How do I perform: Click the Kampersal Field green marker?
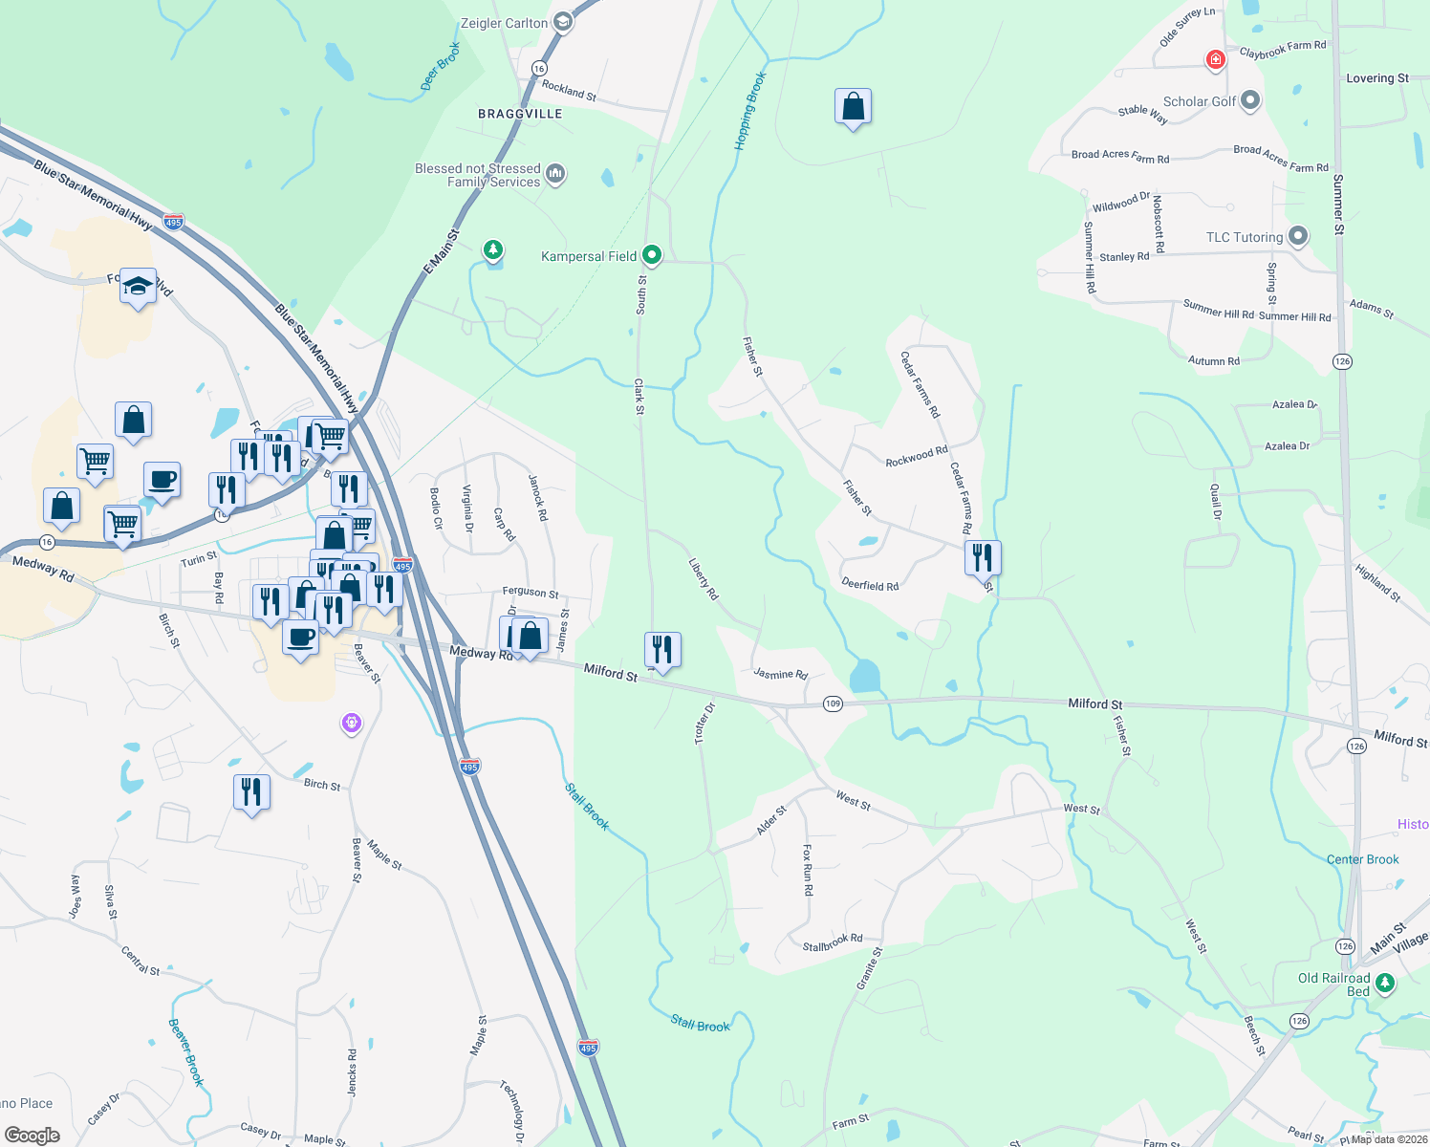652,255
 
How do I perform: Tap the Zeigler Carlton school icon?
563,23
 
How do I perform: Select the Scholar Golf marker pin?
1250,101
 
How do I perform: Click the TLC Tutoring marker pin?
1297,236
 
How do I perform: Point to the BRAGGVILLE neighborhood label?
520,114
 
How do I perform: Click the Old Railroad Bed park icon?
1384,983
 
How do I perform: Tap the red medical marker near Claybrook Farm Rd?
1215,60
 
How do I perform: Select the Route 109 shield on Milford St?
833,703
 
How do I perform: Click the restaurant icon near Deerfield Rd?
983,557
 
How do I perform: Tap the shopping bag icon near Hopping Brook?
853,107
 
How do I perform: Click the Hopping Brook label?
750,111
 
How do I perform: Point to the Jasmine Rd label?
780,674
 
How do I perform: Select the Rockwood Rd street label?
916,457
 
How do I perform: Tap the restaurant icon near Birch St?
251,792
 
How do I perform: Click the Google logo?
32,1136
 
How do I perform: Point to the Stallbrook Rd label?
832,942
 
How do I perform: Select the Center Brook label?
1362,859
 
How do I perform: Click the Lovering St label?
1376,78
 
